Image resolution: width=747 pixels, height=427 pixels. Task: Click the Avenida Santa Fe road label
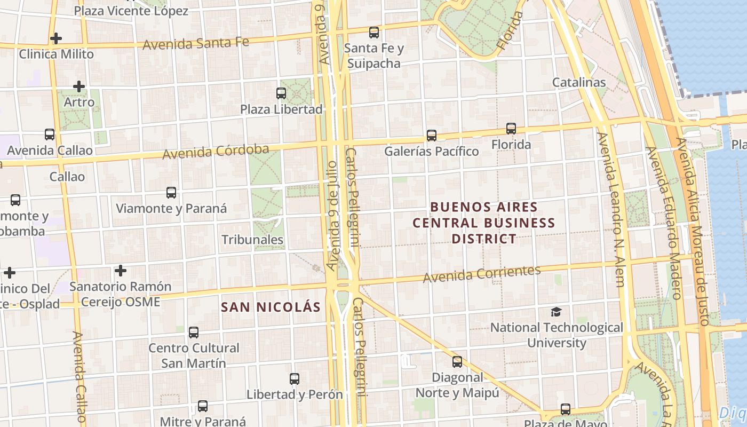[196, 43]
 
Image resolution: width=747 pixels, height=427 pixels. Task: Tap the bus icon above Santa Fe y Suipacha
[374, 32]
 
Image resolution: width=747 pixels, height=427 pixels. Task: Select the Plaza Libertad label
[281, 109]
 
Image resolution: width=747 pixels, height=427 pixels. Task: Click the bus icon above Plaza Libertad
[281, 93]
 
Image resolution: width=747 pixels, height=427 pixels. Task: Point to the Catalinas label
[579, 82]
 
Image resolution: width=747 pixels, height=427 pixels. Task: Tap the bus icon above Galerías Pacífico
[432, 136]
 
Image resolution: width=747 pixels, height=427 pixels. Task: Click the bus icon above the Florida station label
[511, 129]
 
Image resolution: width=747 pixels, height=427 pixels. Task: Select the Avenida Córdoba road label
[216, 152]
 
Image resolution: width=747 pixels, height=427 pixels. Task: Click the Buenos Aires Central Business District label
[484, 223]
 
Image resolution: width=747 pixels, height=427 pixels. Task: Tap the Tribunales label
[252, 240]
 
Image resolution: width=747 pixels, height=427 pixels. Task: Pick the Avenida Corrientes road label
[482, 274]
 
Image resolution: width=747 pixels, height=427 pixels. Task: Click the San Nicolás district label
[271, 307]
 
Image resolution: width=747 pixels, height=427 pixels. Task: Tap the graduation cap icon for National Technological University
[557, 312]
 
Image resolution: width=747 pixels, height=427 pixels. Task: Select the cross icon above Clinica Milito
[55, 38]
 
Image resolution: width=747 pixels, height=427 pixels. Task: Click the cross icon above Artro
[79, 86]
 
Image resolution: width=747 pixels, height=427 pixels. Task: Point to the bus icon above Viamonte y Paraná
[171, 193]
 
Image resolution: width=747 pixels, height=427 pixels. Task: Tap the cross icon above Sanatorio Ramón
[121, 271]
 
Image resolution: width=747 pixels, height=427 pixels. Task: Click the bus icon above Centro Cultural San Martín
[194, 333]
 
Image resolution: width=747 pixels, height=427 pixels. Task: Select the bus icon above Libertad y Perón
[295, 379]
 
